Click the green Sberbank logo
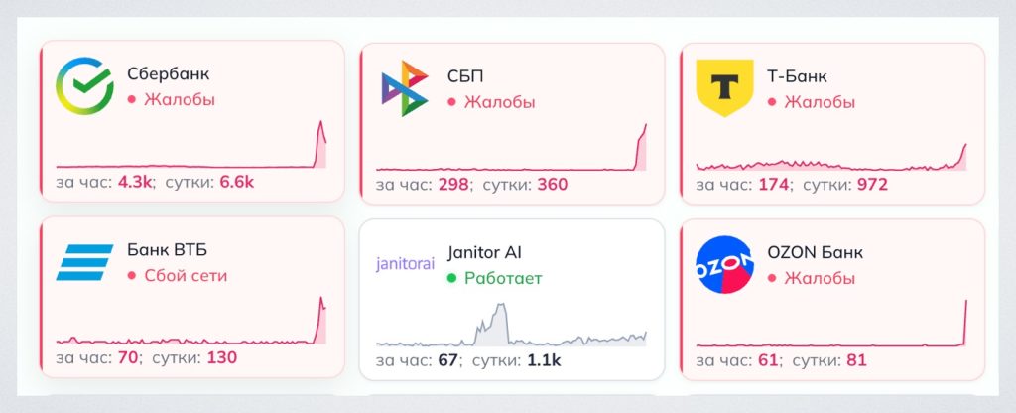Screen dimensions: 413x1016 click(x=85, y=86)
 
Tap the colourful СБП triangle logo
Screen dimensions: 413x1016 click(x=405, y=88)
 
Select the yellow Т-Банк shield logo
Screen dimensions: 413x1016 click(x=724, y=87)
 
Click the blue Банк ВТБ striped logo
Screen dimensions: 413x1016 click(x=85, y=262)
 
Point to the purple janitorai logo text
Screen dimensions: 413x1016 click(x=405, y=264)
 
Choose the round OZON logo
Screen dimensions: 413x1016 click(x=724, y=264)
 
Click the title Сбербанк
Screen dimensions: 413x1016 click(x=169, y=74)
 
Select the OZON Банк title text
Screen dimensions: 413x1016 click(x=815, y=252)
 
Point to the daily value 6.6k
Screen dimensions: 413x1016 click(x=237, y=183)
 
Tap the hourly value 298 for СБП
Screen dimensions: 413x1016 click(x=452, y=185)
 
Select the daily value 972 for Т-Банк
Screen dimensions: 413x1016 click(x=873, y=185)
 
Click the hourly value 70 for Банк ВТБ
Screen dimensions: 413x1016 click(x=128, y=357)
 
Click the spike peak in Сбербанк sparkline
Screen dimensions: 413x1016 click(x=320, y=122)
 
